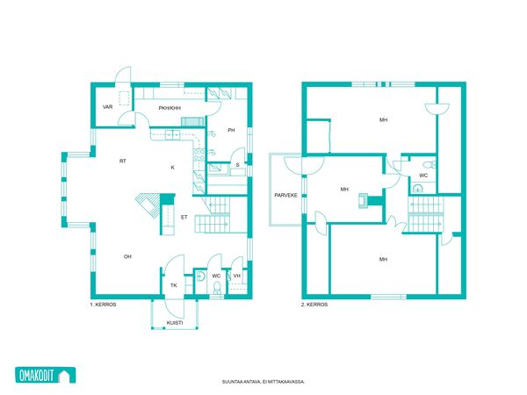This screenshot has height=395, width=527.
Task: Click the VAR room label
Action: click(x=107, y=107)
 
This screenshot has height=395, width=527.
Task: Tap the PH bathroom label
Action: click(x=231, y=130)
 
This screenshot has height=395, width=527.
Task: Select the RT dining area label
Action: click(x=123, y=162)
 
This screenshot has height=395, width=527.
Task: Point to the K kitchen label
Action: click(x=173, y=168)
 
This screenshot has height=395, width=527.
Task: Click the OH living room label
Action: click(x=127, y=256)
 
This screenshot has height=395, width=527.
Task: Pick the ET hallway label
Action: click(x=184, y=218)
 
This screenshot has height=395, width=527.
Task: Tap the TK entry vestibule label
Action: click(x=173, y=285)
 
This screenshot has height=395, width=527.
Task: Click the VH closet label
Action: click(x=237, y=276)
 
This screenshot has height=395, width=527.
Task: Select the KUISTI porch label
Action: click(x=175, y=323)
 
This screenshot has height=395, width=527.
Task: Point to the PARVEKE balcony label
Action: click(x=285, y=195)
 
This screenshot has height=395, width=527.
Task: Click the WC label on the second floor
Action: click(x=423, y=176)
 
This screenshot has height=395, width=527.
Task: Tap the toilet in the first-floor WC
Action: click(x=218, y=288)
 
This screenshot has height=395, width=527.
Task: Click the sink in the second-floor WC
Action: click(x=418, y=188)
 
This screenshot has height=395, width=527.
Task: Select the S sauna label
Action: click(x=238, y=165)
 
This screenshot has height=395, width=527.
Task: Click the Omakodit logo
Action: click(x=46, y=375)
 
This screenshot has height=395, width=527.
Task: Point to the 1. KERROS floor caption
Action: click(x=103, y=305)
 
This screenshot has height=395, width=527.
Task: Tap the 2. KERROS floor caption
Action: click(x=314, y=305)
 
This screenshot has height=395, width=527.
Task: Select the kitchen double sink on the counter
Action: click(x=172, y=134)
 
